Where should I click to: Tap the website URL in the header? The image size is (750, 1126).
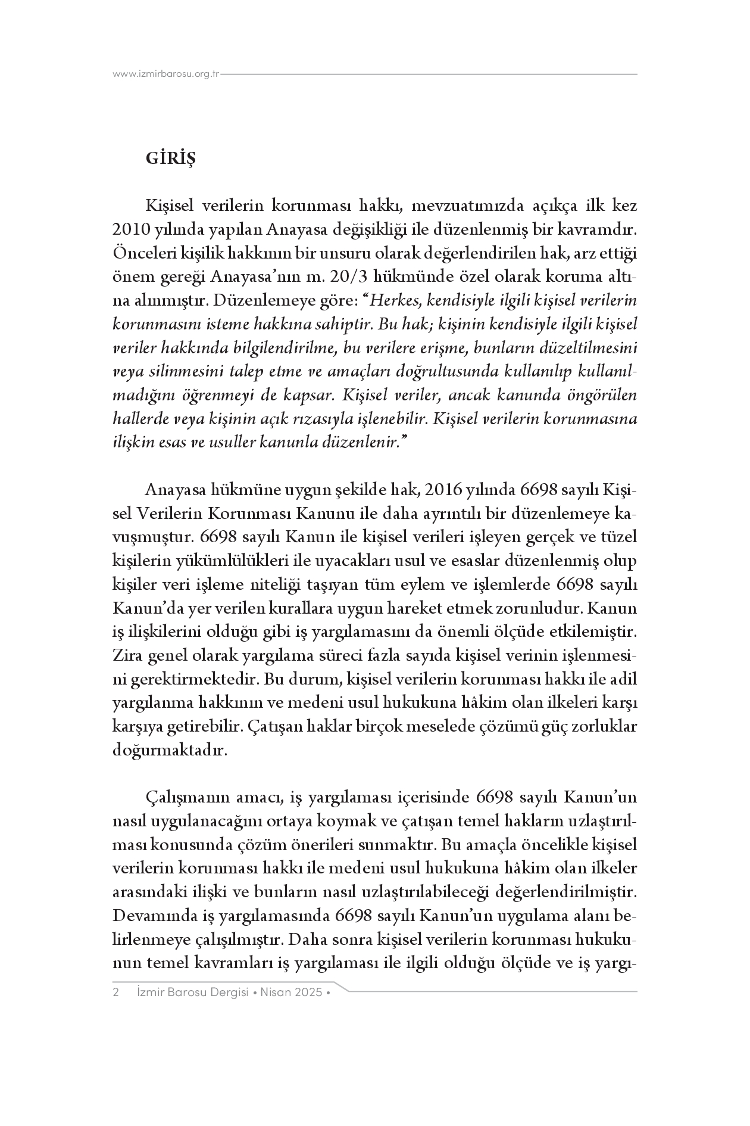166,74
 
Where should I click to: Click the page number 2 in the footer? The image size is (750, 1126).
116,993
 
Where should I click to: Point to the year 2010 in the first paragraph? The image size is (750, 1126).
127,231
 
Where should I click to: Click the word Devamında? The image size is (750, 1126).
149,916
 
